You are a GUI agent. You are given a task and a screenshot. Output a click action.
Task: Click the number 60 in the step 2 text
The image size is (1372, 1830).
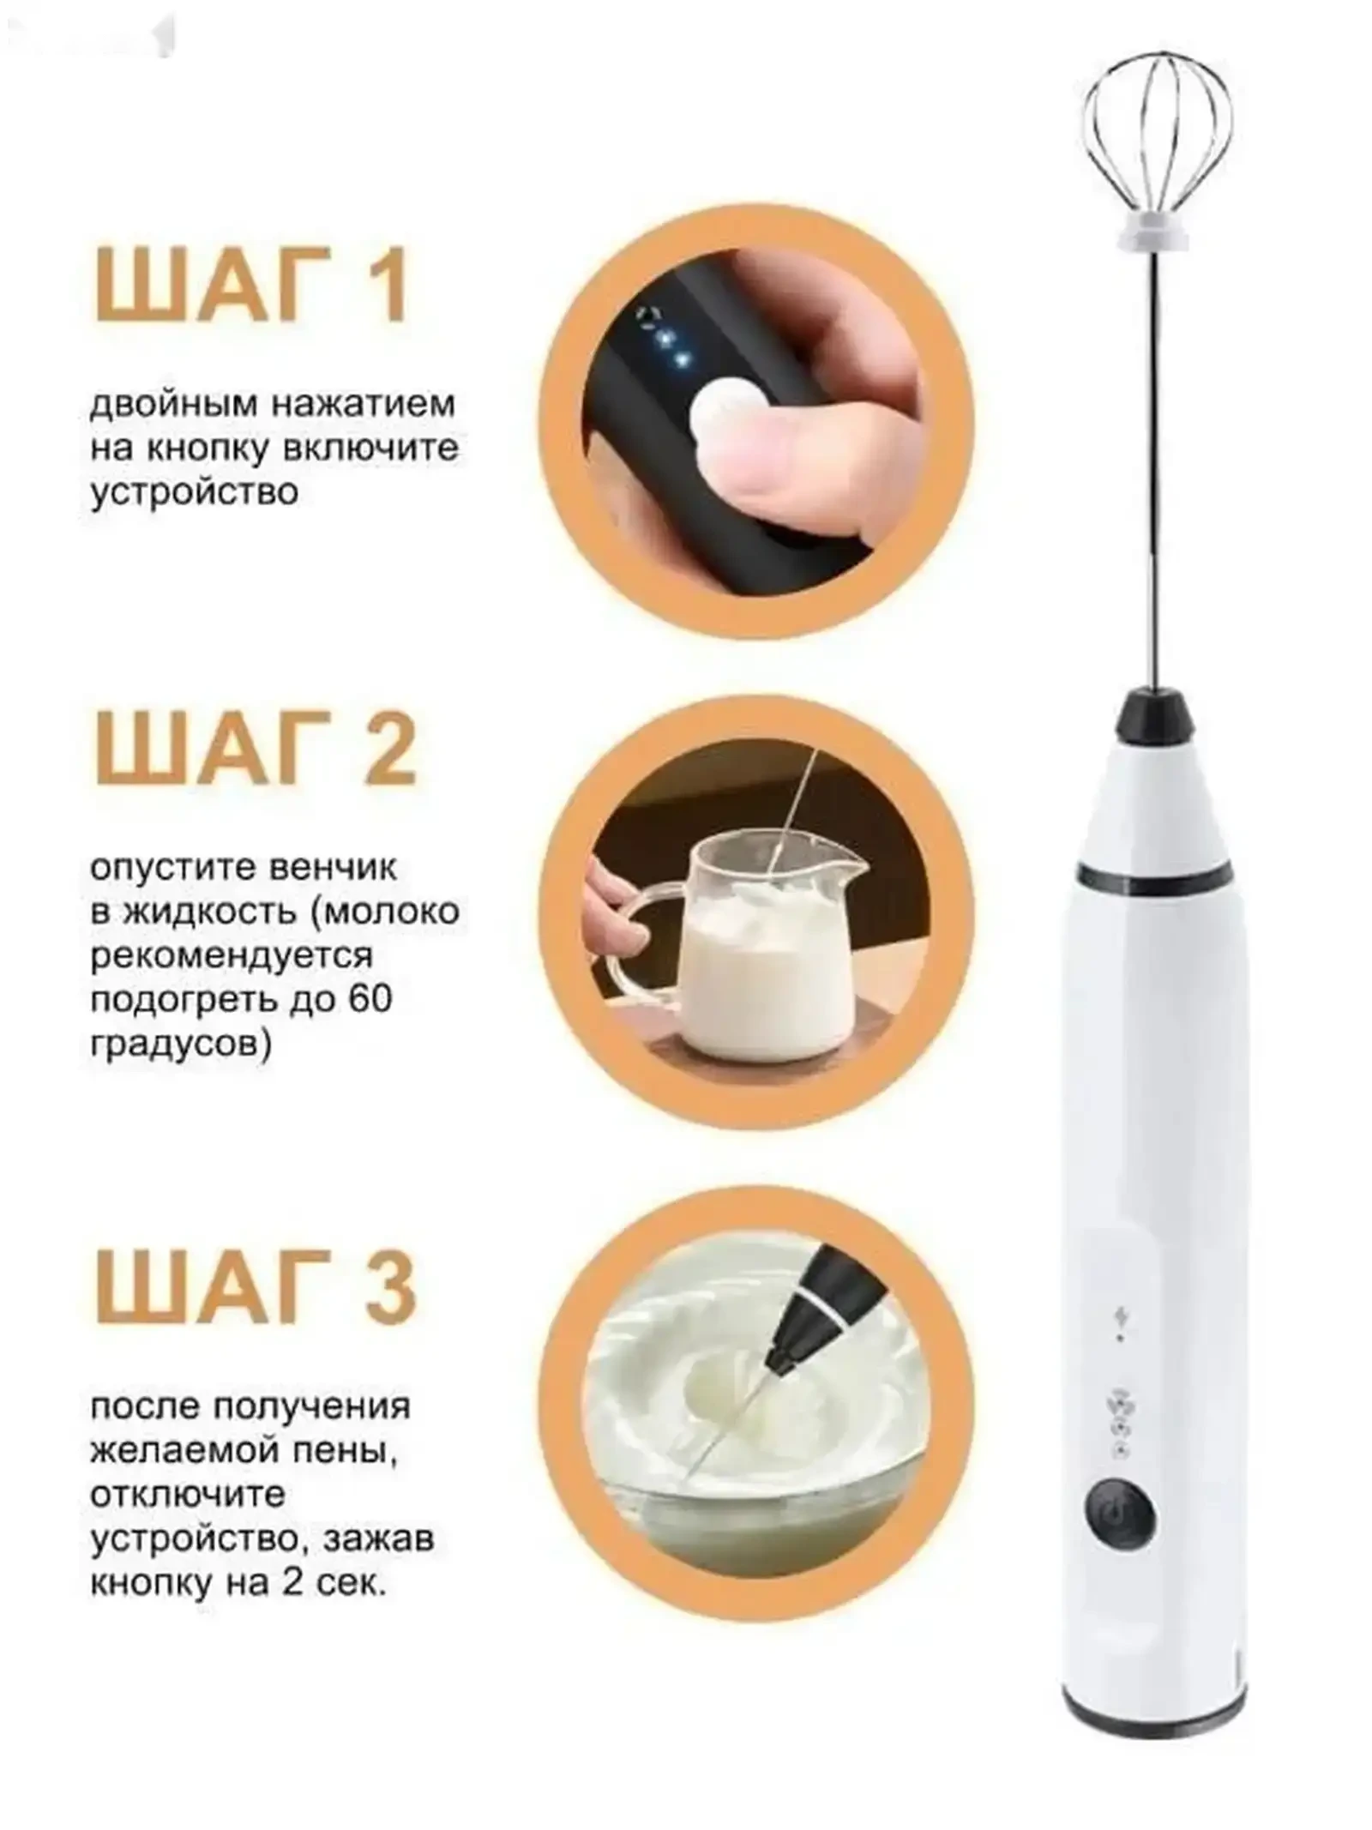(x=370, y=1000)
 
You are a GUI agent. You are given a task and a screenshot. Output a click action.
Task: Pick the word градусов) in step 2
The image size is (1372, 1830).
(x=181, y=1047)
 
